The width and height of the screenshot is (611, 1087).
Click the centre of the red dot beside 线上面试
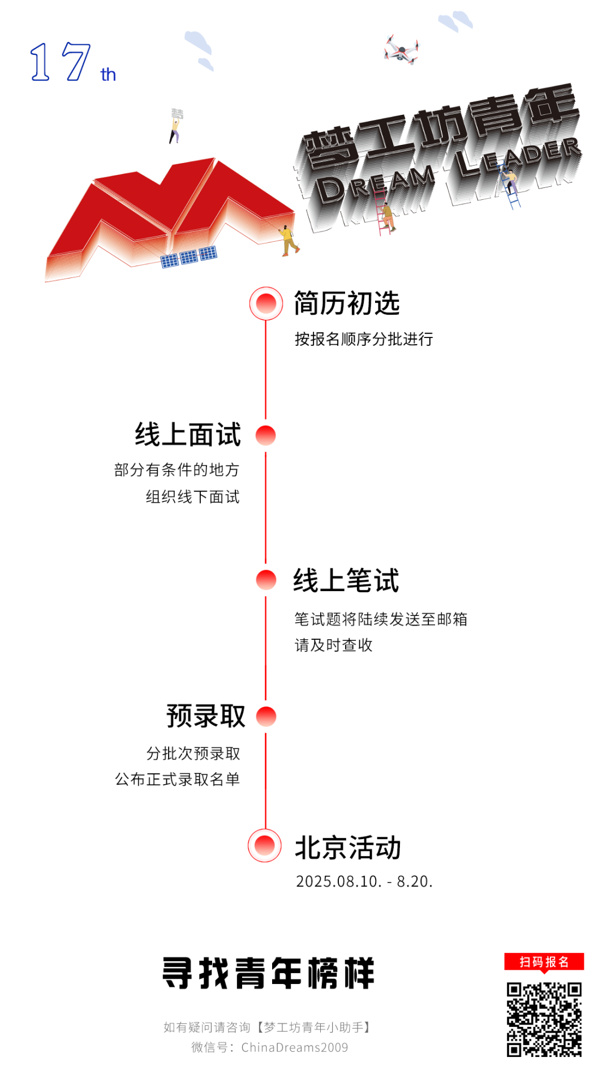click(x=265, y=435)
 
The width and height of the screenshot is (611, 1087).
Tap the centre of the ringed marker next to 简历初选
click(x=266, y=303)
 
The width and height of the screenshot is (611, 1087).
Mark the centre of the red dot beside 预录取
click(x=266, y=716)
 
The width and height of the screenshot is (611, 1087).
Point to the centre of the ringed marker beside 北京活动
click(x=265, y=845)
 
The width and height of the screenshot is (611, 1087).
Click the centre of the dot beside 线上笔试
click(x=266, y=579)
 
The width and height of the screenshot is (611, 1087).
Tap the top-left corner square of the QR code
click(x=514, y=990)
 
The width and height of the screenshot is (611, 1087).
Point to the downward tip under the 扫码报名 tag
click(x=544, y=974)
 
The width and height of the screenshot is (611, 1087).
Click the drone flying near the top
click(x=401, y=49)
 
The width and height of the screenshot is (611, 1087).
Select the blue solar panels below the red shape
click(x=189, y=256)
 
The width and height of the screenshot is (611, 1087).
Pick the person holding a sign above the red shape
click(x=175, y=126)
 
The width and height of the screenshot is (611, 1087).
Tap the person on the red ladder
click(x=388, y=216)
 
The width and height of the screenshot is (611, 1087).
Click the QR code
click(x=544, y=1020)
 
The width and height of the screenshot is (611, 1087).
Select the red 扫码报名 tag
click(x=544, y=962)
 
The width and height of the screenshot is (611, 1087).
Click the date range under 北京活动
click(x=364, y=881)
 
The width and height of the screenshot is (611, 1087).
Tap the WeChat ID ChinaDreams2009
click(x=295, y=1047)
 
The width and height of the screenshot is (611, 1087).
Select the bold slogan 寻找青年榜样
click(x=269, y=973)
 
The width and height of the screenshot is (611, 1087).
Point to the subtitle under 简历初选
click(x=364, y=339)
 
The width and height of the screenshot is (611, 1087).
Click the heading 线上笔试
click(x=346, y=581)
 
